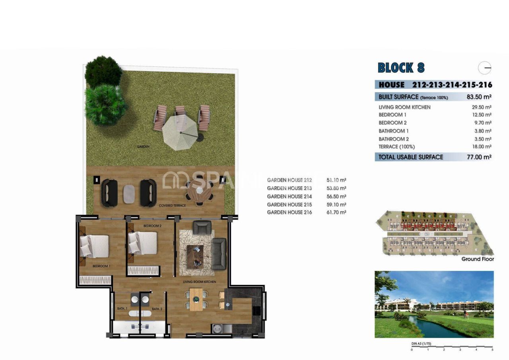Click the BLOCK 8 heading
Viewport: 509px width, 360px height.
click(x=401, y=68)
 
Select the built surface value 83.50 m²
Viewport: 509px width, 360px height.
click(x=479, y=97)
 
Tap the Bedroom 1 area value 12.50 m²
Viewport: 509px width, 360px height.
click(x=480, y=115)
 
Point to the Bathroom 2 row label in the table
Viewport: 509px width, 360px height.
click(x=394, y=139)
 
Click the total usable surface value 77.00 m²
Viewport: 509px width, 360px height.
click(x=479, y=157)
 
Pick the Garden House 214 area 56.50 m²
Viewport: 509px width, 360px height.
click(x=336, y=197)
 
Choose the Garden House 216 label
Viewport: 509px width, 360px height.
click(x=289, y=212)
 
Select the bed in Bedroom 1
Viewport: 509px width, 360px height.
click(x=95, y=246)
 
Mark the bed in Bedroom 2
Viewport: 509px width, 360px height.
click(x=143, y=243)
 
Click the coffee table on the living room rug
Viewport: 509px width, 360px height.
click(x=195, y=255)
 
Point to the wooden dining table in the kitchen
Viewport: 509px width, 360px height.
click(x=196, y=299)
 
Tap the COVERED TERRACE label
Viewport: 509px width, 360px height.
click(x=172, y=206)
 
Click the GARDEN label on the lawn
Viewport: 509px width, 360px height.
click(x=143, y=147)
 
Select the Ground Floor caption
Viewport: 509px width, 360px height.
click(x=477, y=259)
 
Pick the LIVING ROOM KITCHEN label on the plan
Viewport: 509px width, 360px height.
click(x=199, y=282)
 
